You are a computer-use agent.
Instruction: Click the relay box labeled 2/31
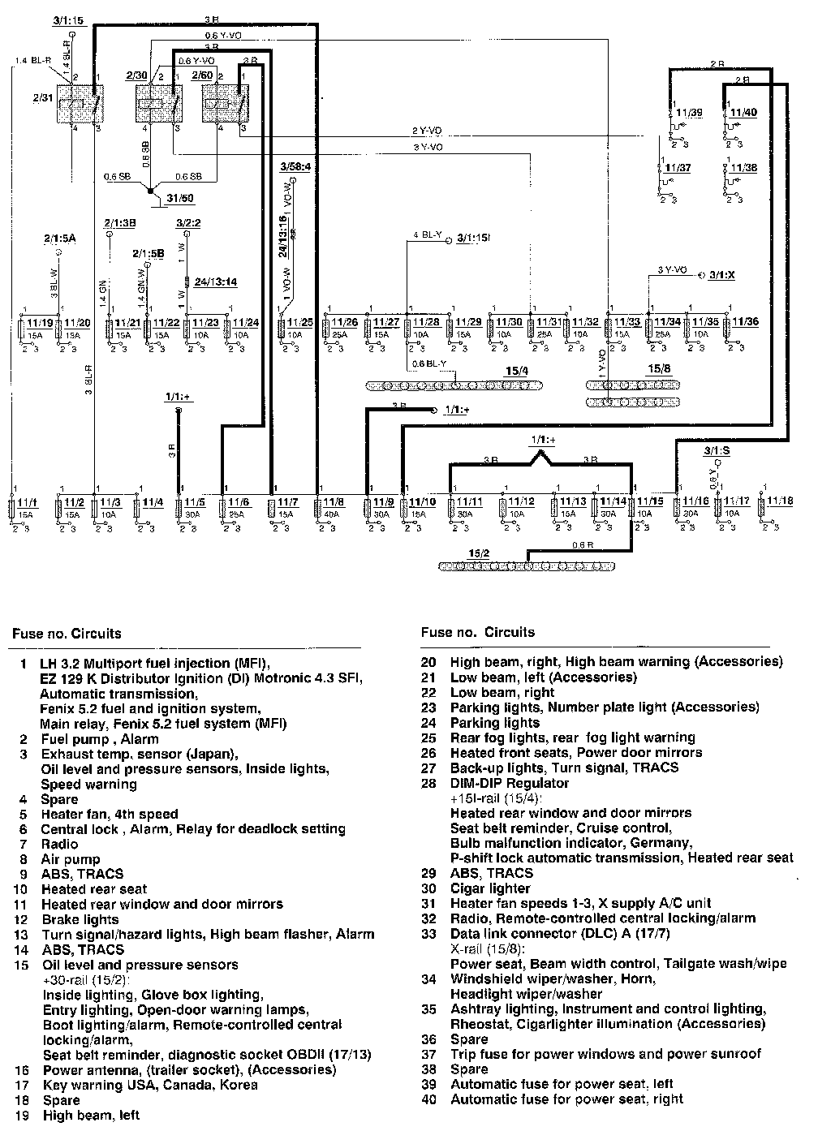80,103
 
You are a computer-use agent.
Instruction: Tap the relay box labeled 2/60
224,103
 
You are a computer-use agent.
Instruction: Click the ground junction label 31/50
181,197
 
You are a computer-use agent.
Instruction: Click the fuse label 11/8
334,503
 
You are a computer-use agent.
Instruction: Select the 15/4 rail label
516,372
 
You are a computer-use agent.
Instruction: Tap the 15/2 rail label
479,553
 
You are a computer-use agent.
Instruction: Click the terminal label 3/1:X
721,276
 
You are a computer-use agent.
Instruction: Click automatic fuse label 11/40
743,113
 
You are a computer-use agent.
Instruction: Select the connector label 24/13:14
216,282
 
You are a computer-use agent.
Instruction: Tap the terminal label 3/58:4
295,167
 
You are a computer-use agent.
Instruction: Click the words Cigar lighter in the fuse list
489,888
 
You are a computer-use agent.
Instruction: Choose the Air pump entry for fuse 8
71,859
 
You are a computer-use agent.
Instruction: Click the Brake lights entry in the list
80,919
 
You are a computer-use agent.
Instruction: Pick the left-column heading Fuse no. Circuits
67,633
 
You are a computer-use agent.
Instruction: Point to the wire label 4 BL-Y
428,236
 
